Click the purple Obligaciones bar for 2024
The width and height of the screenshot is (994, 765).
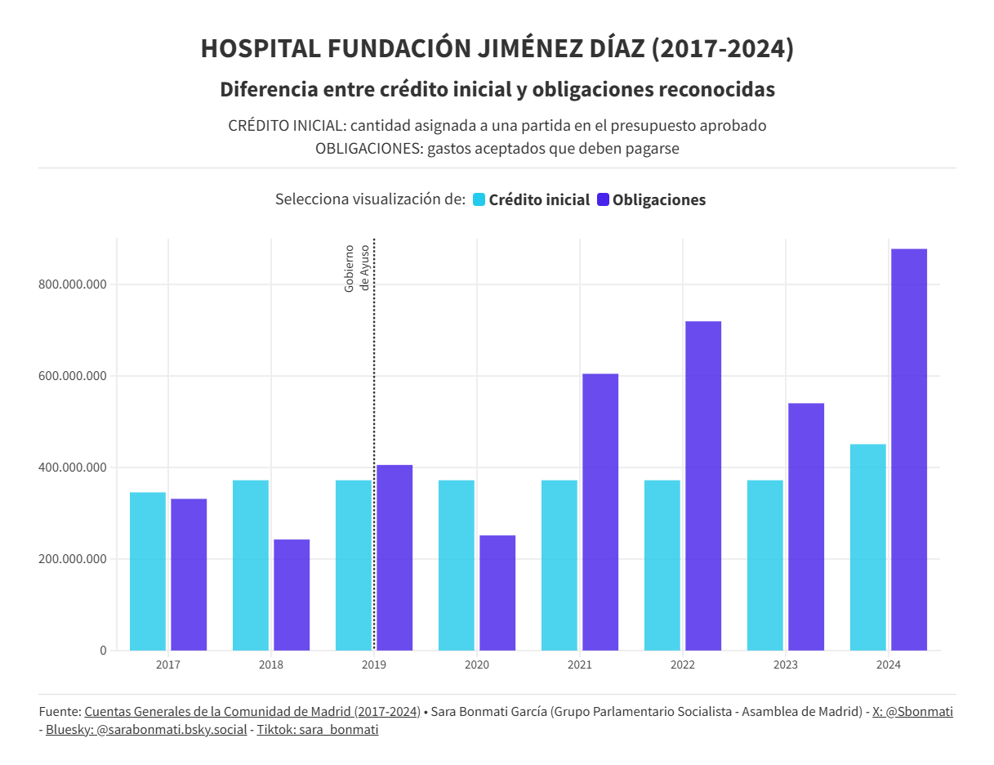pyautogui.click(x=909, y=450)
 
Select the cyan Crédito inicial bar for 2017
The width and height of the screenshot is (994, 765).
pyautogui.click(x=148, y=571)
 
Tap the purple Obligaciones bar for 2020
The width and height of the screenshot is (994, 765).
pyautogui.click(x=497, y=593)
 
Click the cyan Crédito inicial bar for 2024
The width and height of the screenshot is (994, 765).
pyautogui.click(x=867, y=547)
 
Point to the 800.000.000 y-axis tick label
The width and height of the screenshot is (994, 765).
pyautogui.click(x=73, y=284)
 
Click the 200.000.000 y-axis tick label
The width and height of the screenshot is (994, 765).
pyautogui.click(x=73, y=559)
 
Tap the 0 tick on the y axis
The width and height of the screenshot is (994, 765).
pyautogui.click(x=103, y=651)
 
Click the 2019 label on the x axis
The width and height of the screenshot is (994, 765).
pyautogui.click(x=374, y=665)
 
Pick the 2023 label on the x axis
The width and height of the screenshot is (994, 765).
pyautogui.click(x=786, y=665)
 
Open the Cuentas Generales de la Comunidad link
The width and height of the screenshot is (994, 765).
pyautogui.click(x=252, y=712)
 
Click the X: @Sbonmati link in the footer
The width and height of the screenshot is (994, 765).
pyautogui.click(x=912, y=712)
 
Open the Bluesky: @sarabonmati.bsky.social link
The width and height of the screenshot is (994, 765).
pyautogui.click(x=146, y=730)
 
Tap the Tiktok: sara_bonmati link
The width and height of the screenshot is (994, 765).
pyautogui.click(x=318, y=730)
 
